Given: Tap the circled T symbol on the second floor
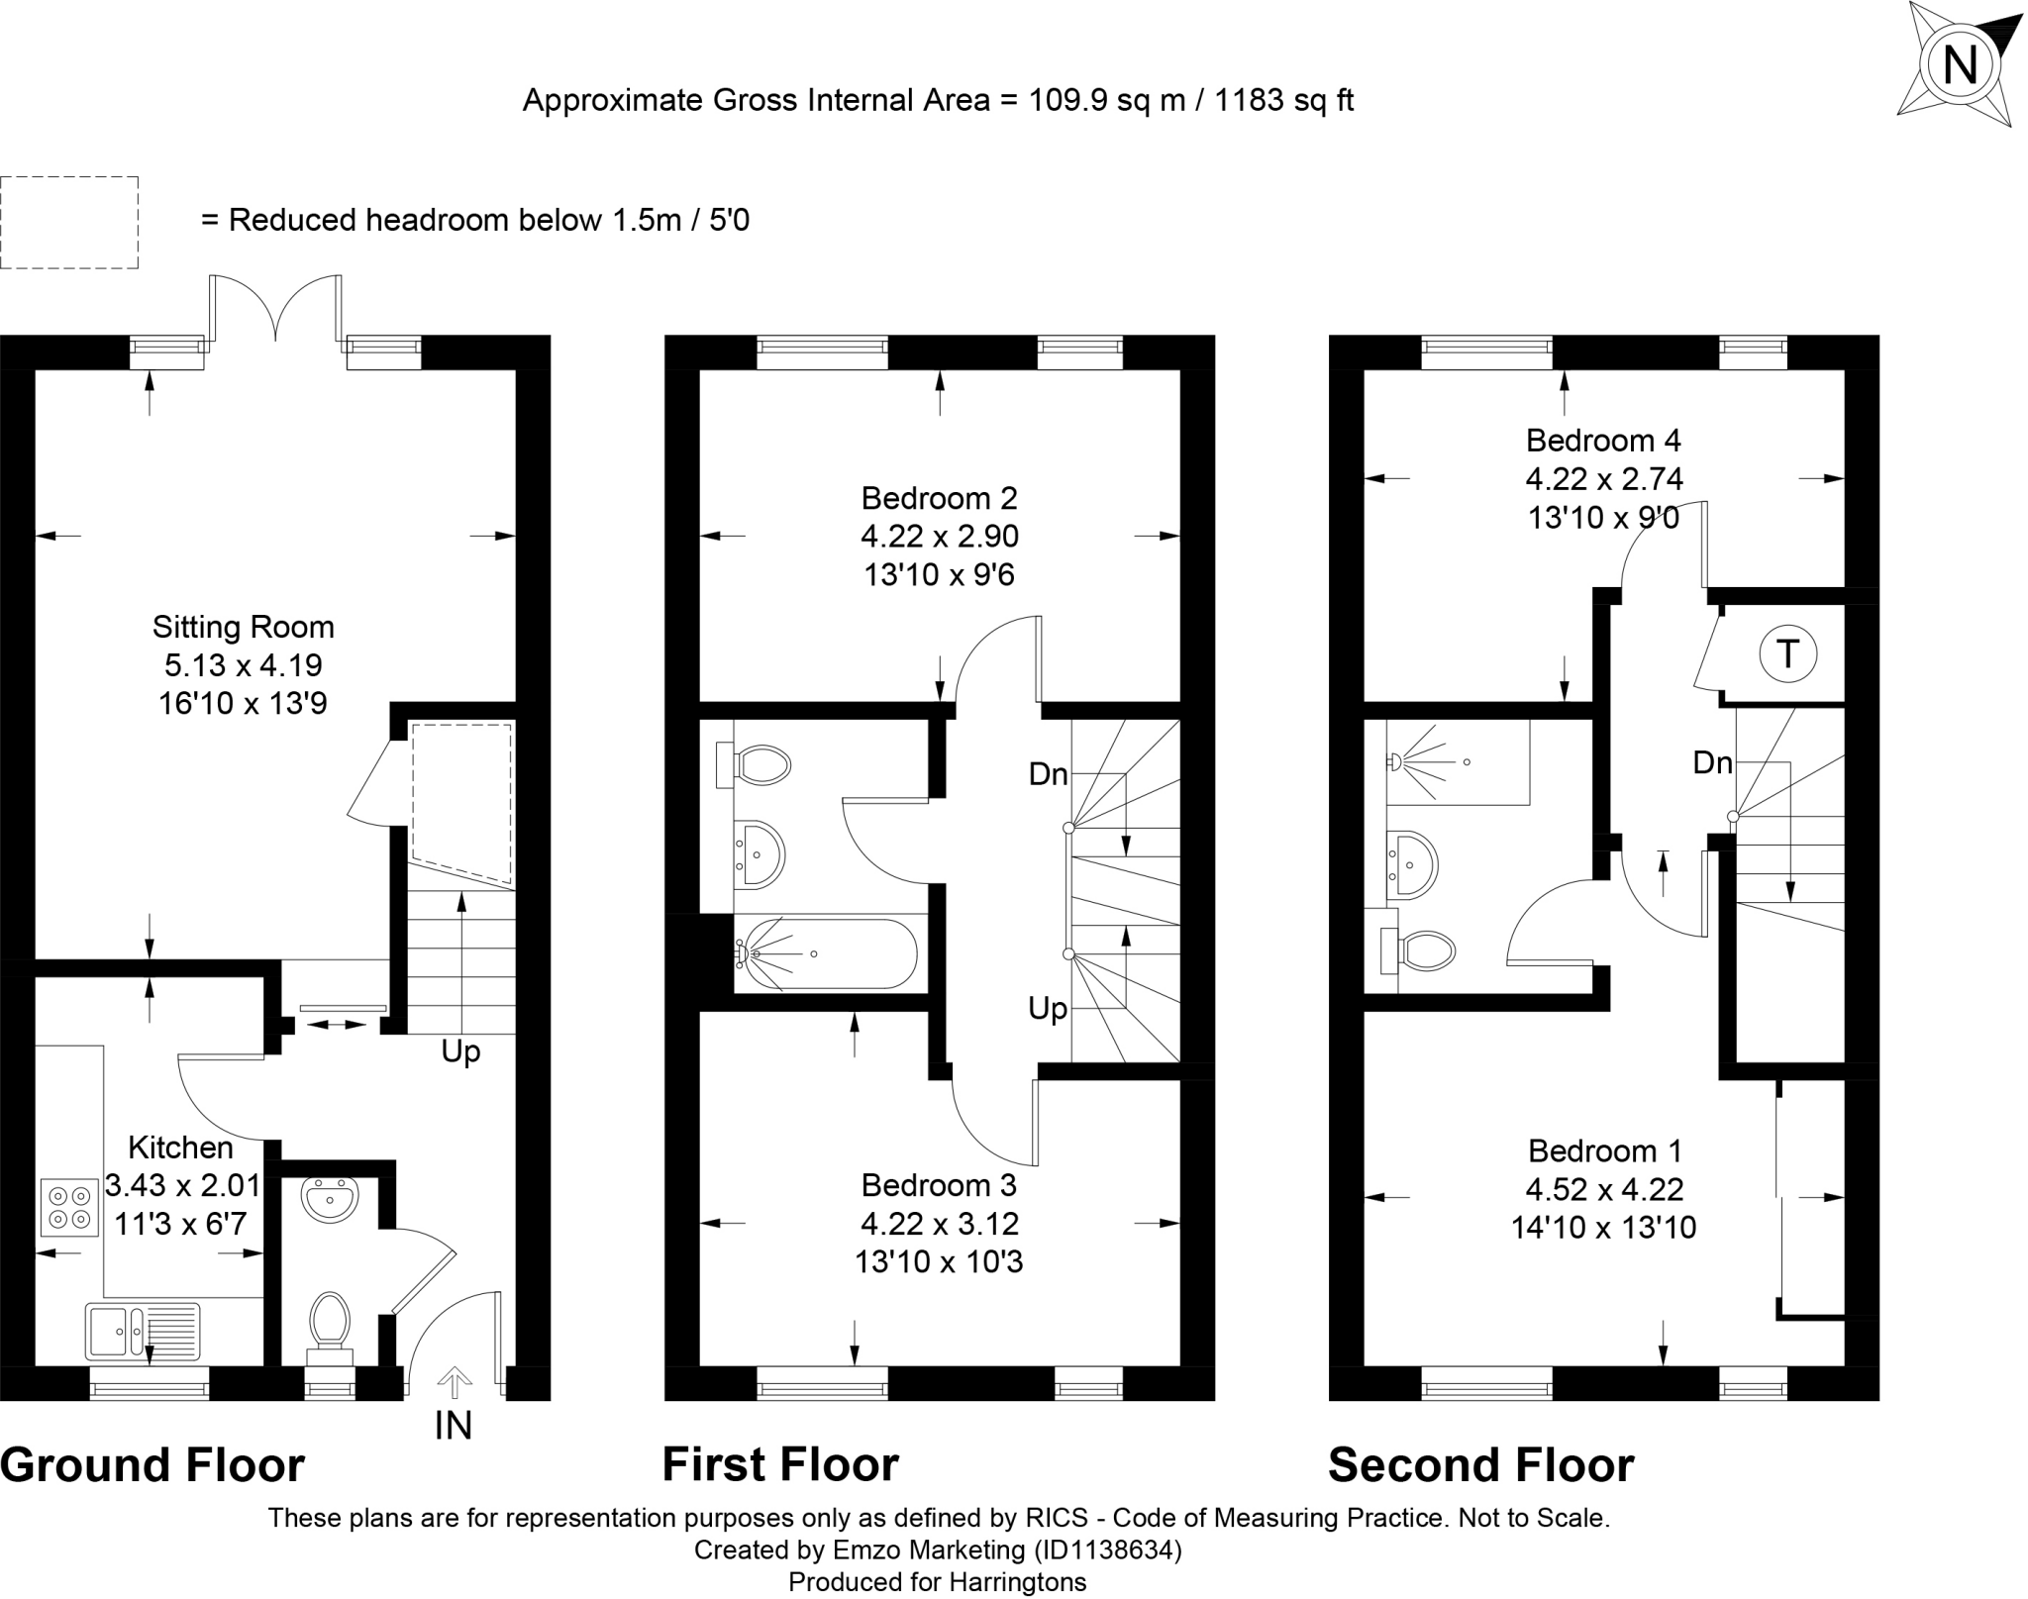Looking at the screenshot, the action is pyautogui.click(x=1787, y=653).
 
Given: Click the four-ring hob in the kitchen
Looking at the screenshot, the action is pyautogui.click(x=69, y=1207).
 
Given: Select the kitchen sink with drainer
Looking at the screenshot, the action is pyautogui.click(x=144, y=1330).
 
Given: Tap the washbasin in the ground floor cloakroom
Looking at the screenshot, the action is pyautogui.click(x=331, y=1200).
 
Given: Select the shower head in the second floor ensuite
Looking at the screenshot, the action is pyautogui.click(x=1395, y=761).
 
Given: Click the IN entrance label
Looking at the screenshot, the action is pyautogui.click(x=454, y=1425).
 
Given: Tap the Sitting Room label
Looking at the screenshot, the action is pyautogui.click(x=244, y=627).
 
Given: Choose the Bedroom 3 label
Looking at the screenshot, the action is pyautogui.click(x=939, y=1185).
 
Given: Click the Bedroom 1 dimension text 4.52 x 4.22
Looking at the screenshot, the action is pyautogui.click(x=1604, y=1189).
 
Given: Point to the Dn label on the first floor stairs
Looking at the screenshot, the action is pyautogui.click(x=1049, y=773).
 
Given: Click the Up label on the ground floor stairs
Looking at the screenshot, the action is pyautogui.click(x=460, y=1051).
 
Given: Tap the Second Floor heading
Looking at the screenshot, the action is pyautogui.click(x=1480, y=1465).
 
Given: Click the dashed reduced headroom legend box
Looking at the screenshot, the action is pyautogui.click(x=69, y=223).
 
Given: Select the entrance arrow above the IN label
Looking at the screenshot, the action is pyautogui.click(x=455, y=1381).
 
